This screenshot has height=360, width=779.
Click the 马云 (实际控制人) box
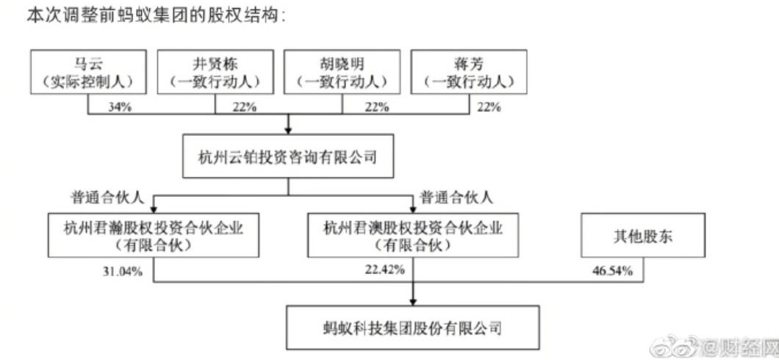(88, 71)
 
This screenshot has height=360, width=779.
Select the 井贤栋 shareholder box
(215, 71)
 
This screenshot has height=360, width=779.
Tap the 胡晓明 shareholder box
(342, 71)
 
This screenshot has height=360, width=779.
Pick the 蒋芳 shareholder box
(469, 71)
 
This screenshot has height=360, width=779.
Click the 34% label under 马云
(120, 107)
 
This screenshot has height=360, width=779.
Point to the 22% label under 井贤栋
(245, 107)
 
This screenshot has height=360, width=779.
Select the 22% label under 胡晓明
(376, 107)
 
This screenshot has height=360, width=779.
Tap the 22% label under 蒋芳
(489, 107)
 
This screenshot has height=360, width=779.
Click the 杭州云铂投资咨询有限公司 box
(289, 156)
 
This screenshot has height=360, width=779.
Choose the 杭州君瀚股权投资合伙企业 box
(154, 235)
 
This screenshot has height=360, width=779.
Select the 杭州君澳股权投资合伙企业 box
(413, 235)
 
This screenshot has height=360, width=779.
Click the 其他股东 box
(644, 235)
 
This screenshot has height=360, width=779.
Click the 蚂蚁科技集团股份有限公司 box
(412, 327)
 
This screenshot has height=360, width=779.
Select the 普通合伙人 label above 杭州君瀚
(107, 198)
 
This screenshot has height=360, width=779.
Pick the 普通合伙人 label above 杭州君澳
(456, 198)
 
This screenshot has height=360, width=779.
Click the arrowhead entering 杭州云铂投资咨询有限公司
(289, 129)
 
